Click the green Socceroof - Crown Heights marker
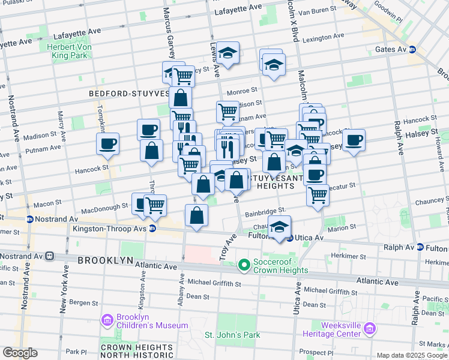[244, 264]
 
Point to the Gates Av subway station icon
[412, 49]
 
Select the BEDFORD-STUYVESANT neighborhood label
[129, 94]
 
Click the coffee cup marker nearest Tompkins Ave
[108, 143]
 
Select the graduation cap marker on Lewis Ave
[228, 53]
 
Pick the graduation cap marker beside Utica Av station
[279, 227]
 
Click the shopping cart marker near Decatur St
[318, 194]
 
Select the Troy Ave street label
[230, 246]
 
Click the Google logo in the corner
[20, 353]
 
